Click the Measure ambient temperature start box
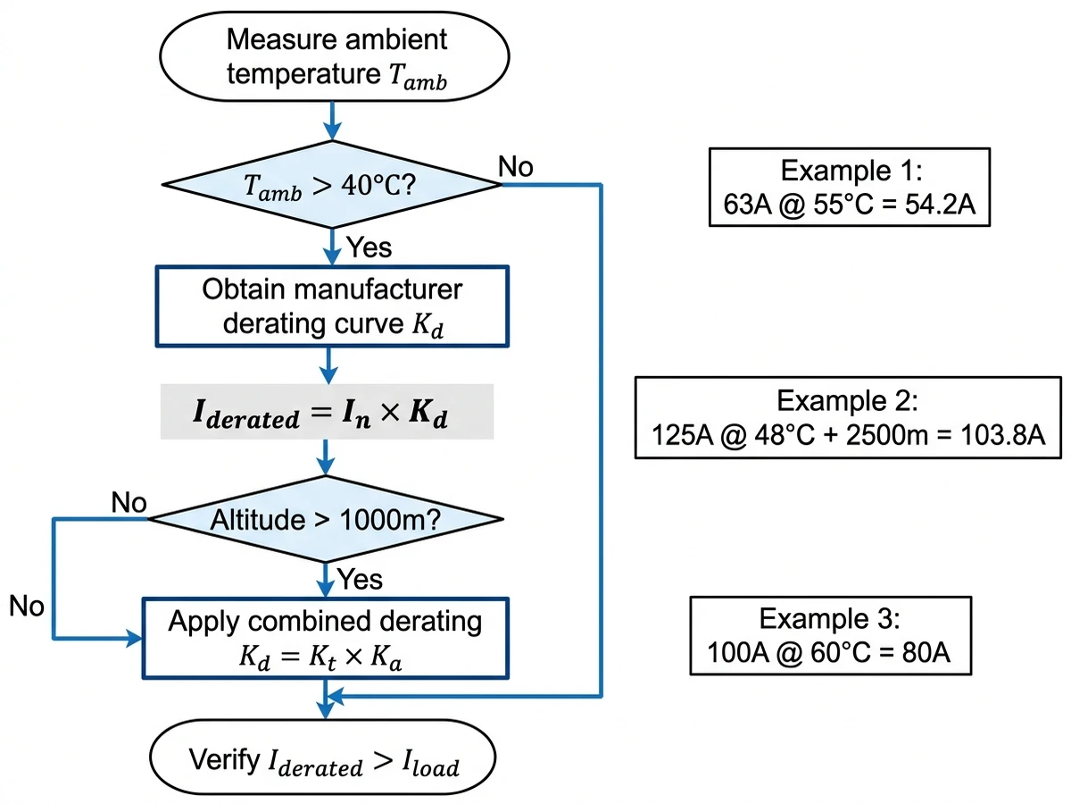(x=332, y=56)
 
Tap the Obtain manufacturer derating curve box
(x=332, y=306)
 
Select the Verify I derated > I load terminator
(x=325, y=761)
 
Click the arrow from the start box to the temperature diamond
(x=332, y=121)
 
